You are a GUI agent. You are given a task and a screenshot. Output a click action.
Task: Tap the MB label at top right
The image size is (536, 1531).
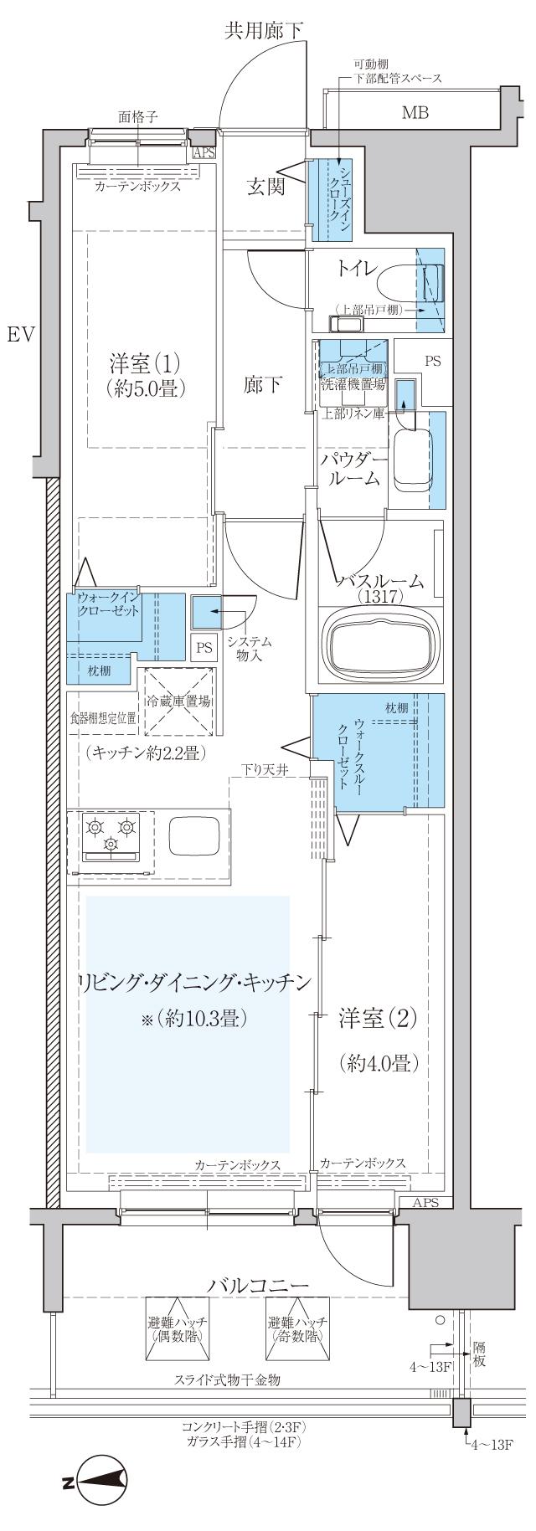coord(415,112)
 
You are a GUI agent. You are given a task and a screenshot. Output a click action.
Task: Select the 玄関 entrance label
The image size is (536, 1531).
coord(266,186)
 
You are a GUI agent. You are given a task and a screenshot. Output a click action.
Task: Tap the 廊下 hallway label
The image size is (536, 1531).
coord(262,384)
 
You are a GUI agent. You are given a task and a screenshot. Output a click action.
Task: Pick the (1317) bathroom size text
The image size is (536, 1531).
coord(381,596)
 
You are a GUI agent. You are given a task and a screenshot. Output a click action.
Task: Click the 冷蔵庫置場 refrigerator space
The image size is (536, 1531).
coord(178,701)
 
